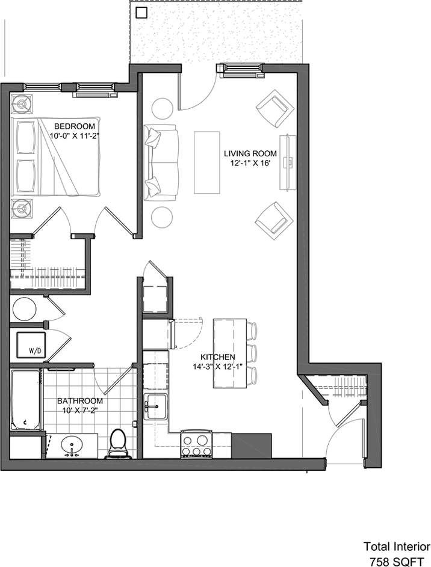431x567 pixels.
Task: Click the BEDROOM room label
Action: tap(75, 126)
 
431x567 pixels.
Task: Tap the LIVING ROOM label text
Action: tap(250, 153)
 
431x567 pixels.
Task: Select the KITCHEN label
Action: tap(217, 357)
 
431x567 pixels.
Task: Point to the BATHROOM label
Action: tap(80, 401)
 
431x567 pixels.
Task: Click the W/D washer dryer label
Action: tap(34, 351)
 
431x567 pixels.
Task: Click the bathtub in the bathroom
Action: tap(25, 400)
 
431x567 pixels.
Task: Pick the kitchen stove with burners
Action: tap(197, 444)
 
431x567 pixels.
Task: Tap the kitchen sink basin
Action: tap(156, 407)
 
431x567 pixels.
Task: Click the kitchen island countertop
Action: tap(230, 354)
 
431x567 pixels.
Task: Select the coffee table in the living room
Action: tap(207, 162)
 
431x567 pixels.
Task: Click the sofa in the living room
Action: tap(161, 162)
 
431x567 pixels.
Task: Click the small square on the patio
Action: tap(141, 13)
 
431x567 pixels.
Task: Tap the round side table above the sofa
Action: tap(162, 108)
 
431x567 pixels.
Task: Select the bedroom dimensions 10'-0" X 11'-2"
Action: tap(74, 136)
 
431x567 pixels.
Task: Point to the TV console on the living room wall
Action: tap(288, 162)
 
